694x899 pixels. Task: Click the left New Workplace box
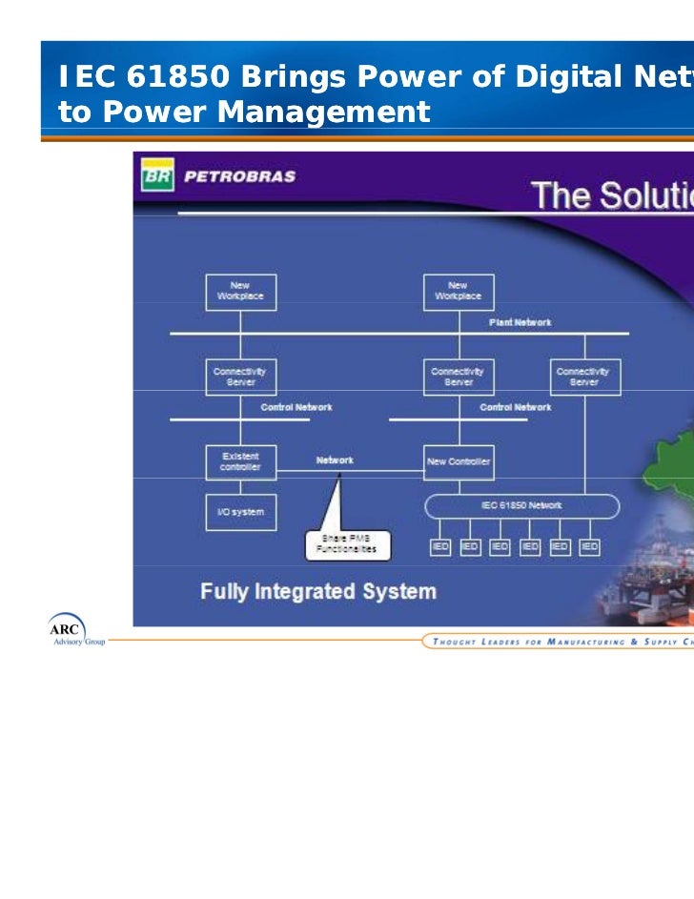point(240,292)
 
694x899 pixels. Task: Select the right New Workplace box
point(459,292)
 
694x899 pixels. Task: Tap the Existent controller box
point(240,461)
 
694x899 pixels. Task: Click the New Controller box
point(459,461)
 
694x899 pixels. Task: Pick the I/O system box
point(240,512)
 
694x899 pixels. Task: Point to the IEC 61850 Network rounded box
point(520,505)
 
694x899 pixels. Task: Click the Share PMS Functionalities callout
point(346,543)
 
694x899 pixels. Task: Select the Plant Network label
point(520,322)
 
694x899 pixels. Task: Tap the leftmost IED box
point(439,546)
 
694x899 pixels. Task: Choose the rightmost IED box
point(589,546)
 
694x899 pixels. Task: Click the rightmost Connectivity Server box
point(584,377)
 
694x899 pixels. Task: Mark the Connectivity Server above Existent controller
point(240,377)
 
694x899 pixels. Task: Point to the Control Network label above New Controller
point(515,407)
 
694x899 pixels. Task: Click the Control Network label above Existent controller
point(296,407)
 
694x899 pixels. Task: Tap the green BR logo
point(155,176)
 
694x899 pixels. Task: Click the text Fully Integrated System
point(317,591)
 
